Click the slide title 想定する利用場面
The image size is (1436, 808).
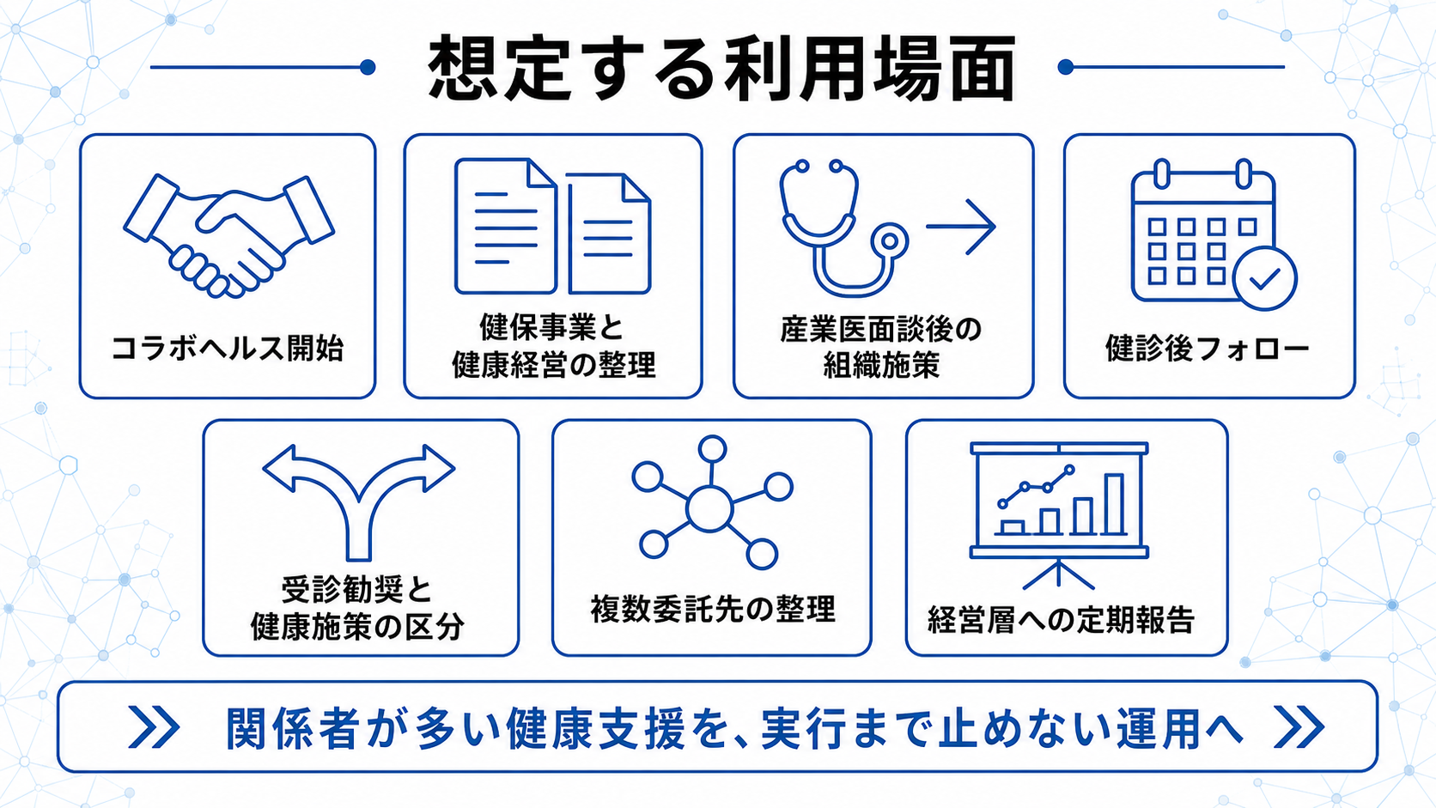721,68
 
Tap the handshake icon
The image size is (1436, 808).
228,235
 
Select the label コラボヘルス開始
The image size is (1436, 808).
228,349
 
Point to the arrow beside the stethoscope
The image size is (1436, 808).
960,226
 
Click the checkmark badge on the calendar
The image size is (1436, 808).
1265,279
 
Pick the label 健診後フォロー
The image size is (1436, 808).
1208,349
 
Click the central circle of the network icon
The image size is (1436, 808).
709,508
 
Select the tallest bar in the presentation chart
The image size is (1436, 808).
1114,504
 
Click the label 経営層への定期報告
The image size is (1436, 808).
1061,620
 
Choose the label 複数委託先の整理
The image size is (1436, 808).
712,609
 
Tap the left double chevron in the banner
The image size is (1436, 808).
154,726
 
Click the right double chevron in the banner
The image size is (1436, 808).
1299,726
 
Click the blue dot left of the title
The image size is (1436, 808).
368,67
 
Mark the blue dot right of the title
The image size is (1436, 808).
1066,67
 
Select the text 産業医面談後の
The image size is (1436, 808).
881,330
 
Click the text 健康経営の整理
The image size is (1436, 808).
553,365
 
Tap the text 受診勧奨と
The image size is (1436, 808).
357,590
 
